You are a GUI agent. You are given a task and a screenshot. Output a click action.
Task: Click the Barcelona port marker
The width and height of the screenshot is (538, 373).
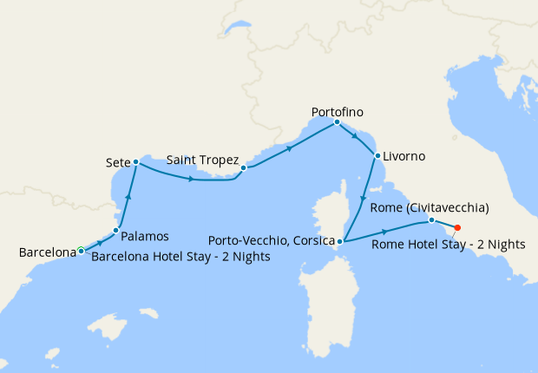coord(81,250)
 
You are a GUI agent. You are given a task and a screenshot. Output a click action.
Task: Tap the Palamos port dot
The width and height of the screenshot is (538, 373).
coord(115,230)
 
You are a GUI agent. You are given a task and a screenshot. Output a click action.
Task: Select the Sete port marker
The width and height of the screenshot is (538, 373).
coord(136,162)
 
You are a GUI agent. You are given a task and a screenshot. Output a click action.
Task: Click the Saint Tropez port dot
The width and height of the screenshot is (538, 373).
coord(244,168)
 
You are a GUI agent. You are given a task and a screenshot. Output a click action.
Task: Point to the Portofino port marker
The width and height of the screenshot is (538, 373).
coord(337,122)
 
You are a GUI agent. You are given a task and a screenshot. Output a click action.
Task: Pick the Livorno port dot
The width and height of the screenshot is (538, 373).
coord(377,156)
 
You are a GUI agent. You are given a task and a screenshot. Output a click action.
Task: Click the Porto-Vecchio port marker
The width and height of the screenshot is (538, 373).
coord(340,242)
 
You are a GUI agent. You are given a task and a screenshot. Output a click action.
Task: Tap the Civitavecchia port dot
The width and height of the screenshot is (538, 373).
coord(431,220)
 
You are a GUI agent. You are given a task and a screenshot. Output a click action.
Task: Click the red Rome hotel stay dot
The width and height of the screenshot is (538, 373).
coord(457,228)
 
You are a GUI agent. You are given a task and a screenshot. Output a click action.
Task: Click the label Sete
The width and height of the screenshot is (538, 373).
coord(117,162)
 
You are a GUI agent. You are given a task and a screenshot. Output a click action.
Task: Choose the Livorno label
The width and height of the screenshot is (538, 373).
coord(404,156)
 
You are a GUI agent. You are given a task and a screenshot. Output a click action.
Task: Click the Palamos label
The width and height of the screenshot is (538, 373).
coord(145,235)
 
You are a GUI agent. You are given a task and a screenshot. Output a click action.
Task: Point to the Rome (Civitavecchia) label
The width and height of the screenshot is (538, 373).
coord(430,208)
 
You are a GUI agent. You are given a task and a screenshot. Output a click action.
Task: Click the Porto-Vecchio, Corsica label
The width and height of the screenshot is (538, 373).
coord(272,239)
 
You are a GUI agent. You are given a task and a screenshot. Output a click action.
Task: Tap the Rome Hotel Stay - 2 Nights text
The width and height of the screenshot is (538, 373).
coord(448,244)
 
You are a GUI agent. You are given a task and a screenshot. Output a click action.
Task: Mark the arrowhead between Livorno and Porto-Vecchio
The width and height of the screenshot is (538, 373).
coord(364,199)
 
